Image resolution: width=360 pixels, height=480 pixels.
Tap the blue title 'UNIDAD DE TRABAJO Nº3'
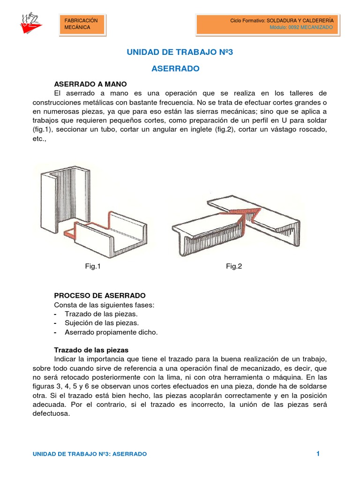pos(180,52)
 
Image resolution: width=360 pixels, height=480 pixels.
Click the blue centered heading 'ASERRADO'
pos(176,68)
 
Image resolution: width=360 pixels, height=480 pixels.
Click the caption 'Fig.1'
pos(93,266)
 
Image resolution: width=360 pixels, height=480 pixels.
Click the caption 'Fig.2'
pos(234,266)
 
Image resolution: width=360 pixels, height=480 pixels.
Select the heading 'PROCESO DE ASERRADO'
pos(100,296)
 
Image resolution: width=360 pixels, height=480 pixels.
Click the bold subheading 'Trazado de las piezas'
pos(91,350)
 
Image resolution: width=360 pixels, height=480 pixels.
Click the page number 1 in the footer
pos(317,453)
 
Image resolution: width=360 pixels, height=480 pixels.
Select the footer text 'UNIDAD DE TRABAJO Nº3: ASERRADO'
pos(90,454)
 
